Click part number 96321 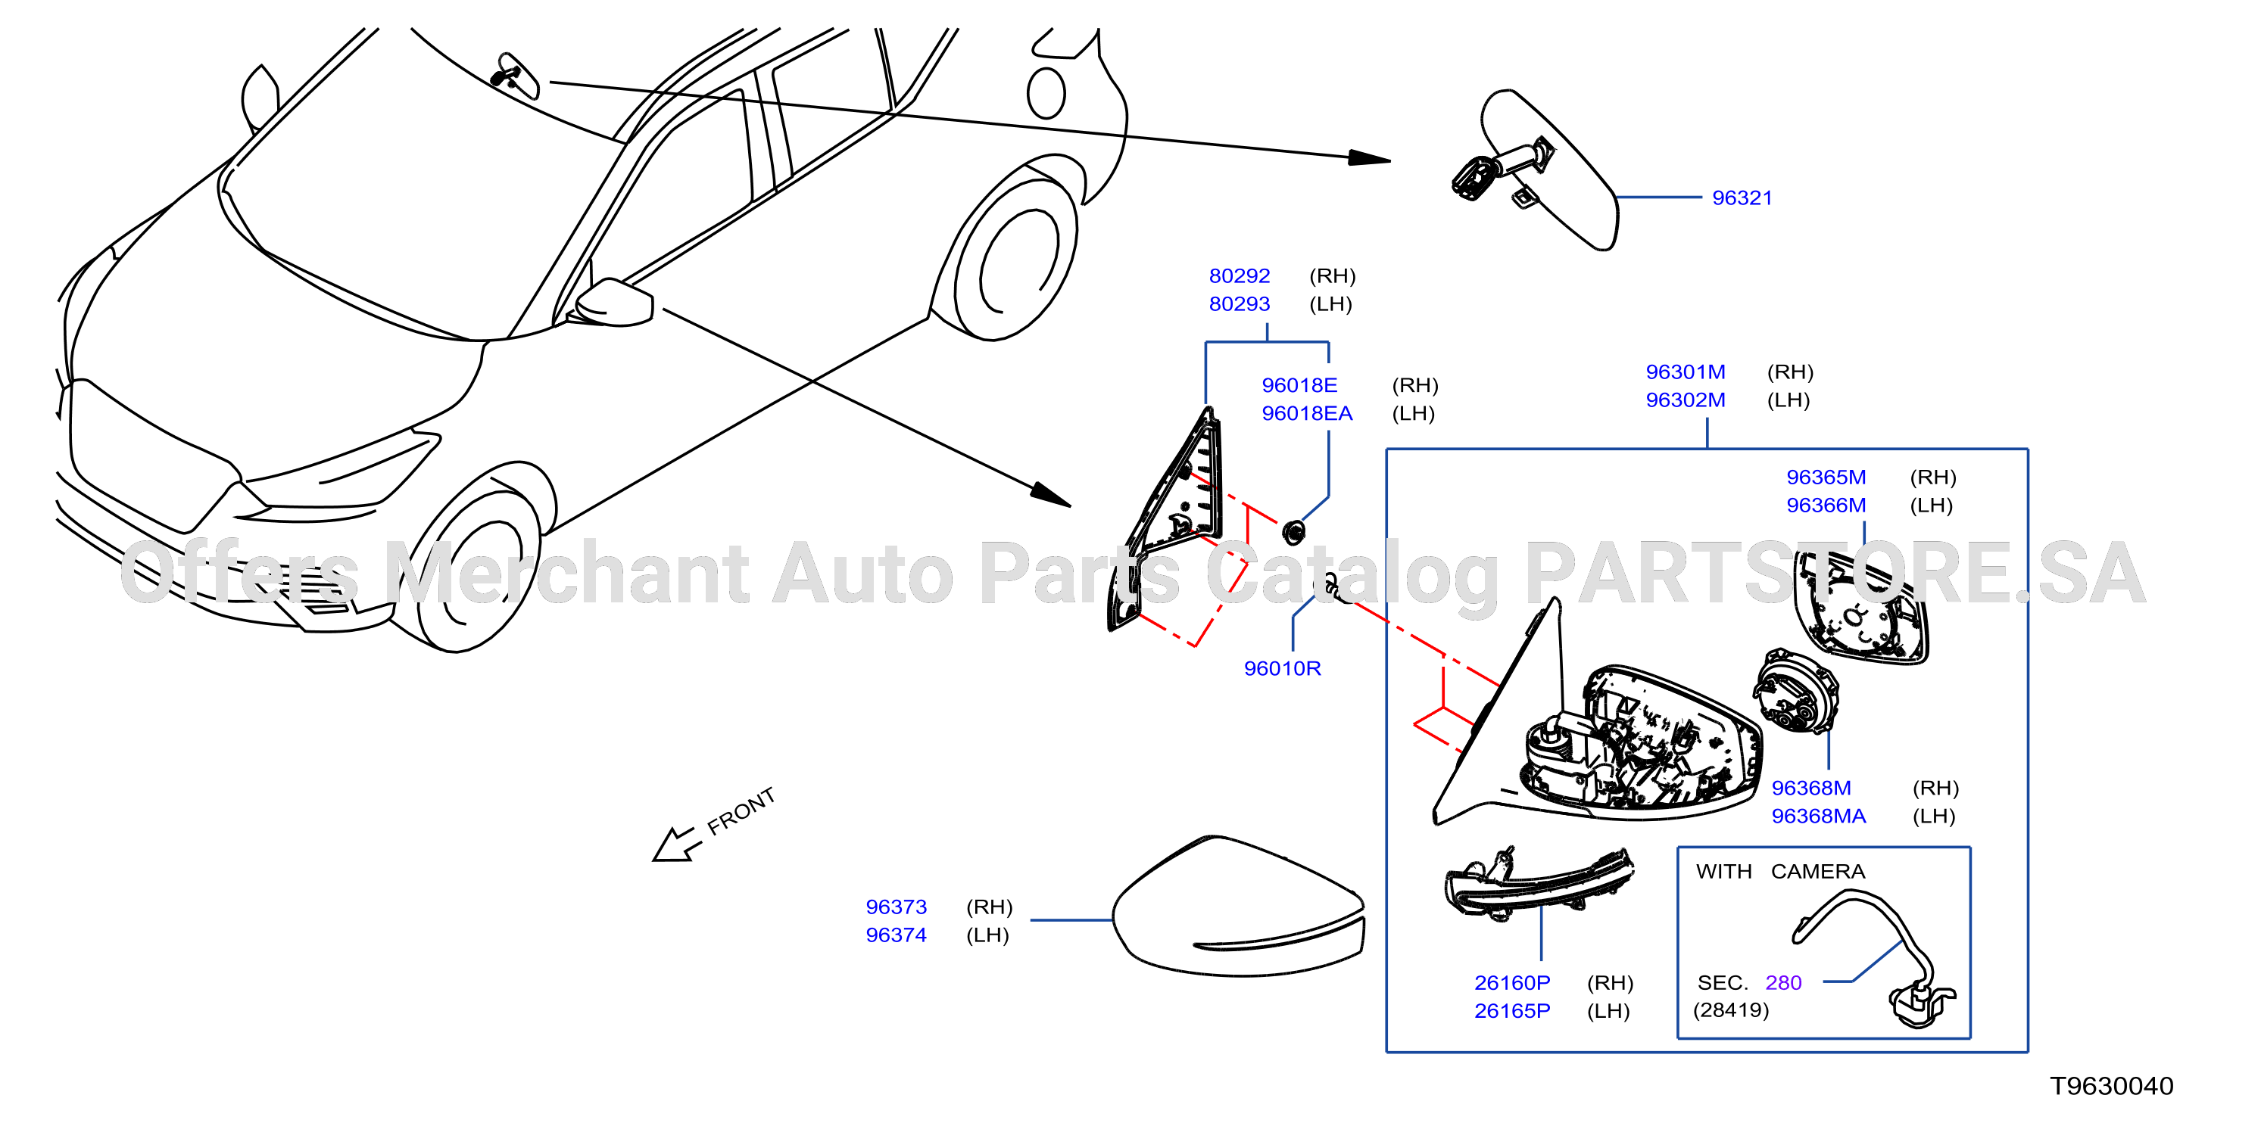tap(1742, 198)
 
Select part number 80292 tap(1240, 276)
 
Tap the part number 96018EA tap(1307, 413)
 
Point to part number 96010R tap(1283, 668)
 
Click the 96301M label tap(1686, 372)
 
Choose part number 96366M tap(1826, 506)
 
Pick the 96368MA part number tap(1819, 816)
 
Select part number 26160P tap(1512, 982)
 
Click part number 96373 tap(897, 907)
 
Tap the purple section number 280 tap(1783, 982)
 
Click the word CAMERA tap(1818, 871)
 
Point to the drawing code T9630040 tap(2112, 1086)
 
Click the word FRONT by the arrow tap(741, 810)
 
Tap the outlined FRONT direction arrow tap(677, 845)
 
